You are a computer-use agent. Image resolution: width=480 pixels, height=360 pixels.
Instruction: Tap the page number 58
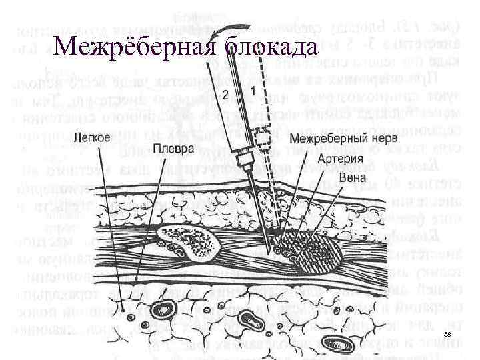point(447,333)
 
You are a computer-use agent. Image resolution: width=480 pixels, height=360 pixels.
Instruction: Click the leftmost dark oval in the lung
point(162,310)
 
